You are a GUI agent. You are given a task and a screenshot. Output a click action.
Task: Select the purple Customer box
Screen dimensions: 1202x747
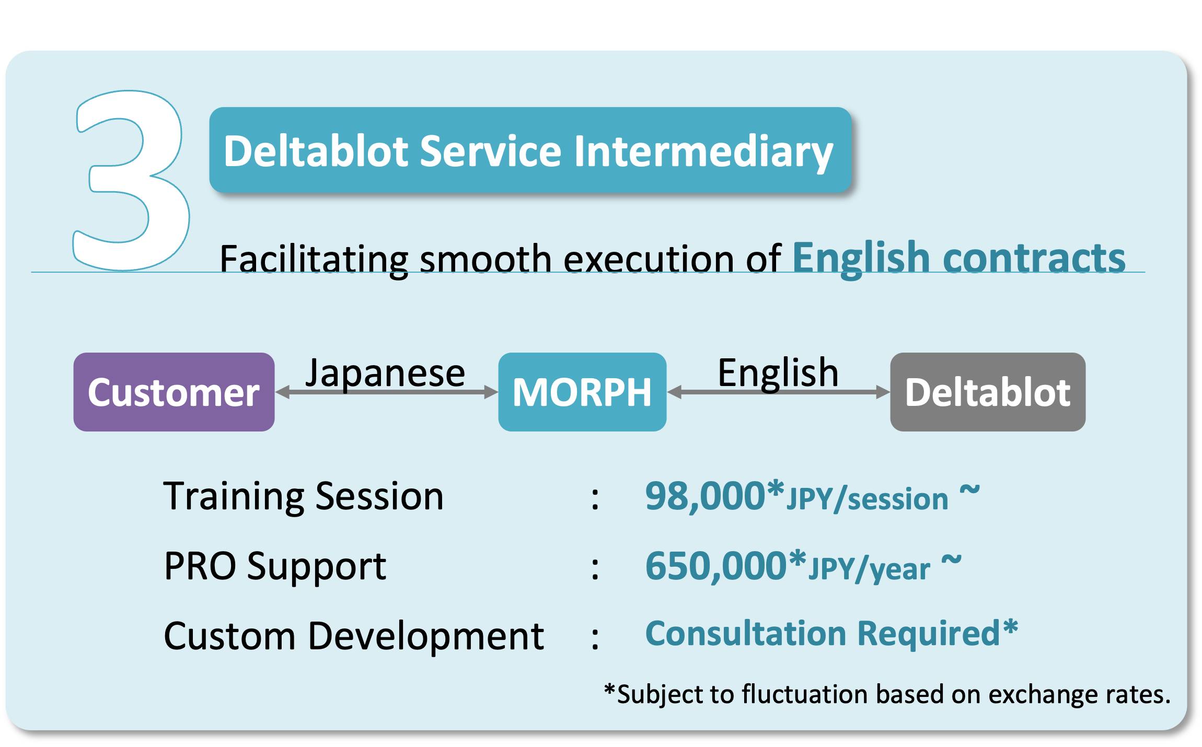(x=174, y=392)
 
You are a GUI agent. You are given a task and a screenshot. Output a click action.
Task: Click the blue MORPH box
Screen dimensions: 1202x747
(x=582, y=392)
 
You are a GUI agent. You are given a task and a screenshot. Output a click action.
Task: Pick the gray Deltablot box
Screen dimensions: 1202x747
(x=988, y=392)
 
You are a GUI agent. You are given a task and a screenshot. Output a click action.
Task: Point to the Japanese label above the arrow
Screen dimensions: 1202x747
(x=385, y=373)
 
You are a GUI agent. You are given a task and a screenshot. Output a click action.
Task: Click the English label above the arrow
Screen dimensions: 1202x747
(x=778, y=373)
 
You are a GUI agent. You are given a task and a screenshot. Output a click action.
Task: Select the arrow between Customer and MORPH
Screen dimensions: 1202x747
(x=387, y=392)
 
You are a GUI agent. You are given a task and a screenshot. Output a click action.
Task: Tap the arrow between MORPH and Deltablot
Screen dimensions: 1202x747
(x=779, y=392)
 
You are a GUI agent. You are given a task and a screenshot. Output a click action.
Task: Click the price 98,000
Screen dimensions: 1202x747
(x=706, y=496)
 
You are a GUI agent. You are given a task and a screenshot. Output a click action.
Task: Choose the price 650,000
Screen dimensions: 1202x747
(x=716, y=566)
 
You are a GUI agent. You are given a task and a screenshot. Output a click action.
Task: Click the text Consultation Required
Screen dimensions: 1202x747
(x=823, y=633)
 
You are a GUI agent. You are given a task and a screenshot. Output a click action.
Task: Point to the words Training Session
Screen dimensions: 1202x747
(x=304, y=496)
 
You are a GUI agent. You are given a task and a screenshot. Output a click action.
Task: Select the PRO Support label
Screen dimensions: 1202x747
(x=275, y=566)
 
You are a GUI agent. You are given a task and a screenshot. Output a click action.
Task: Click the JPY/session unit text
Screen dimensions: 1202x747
(x=868, y=499)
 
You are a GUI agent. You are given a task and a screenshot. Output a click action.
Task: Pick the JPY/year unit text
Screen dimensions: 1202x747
(x=870, y=569)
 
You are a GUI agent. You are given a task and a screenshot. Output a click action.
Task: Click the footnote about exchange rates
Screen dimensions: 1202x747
(x=887, y=694)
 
